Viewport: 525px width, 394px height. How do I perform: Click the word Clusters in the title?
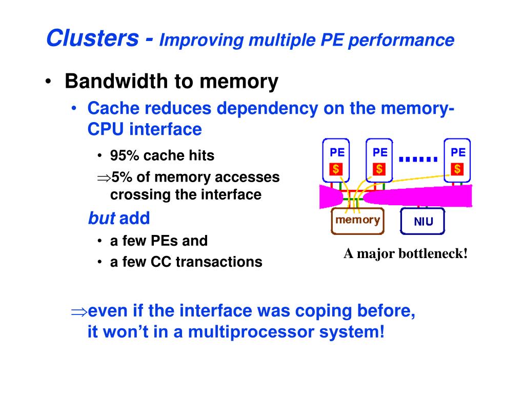(x=92, y=38)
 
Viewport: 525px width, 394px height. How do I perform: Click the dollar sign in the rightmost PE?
(x=457, y=169)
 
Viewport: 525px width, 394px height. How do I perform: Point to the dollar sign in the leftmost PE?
(x=336, y=169)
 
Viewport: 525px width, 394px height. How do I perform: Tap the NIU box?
(x=423, y=222)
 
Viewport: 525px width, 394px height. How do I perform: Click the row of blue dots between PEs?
(x=418, y=159)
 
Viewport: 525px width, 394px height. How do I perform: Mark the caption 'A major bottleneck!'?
(x=406, y=253)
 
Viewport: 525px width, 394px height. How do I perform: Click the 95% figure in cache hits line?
(x=122, y=155)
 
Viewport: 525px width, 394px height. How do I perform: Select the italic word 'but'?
(x=102, y=219)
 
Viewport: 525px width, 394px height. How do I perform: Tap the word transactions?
(x=219, y=262)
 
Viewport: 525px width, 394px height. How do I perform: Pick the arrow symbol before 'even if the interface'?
(x=79, y=311)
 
